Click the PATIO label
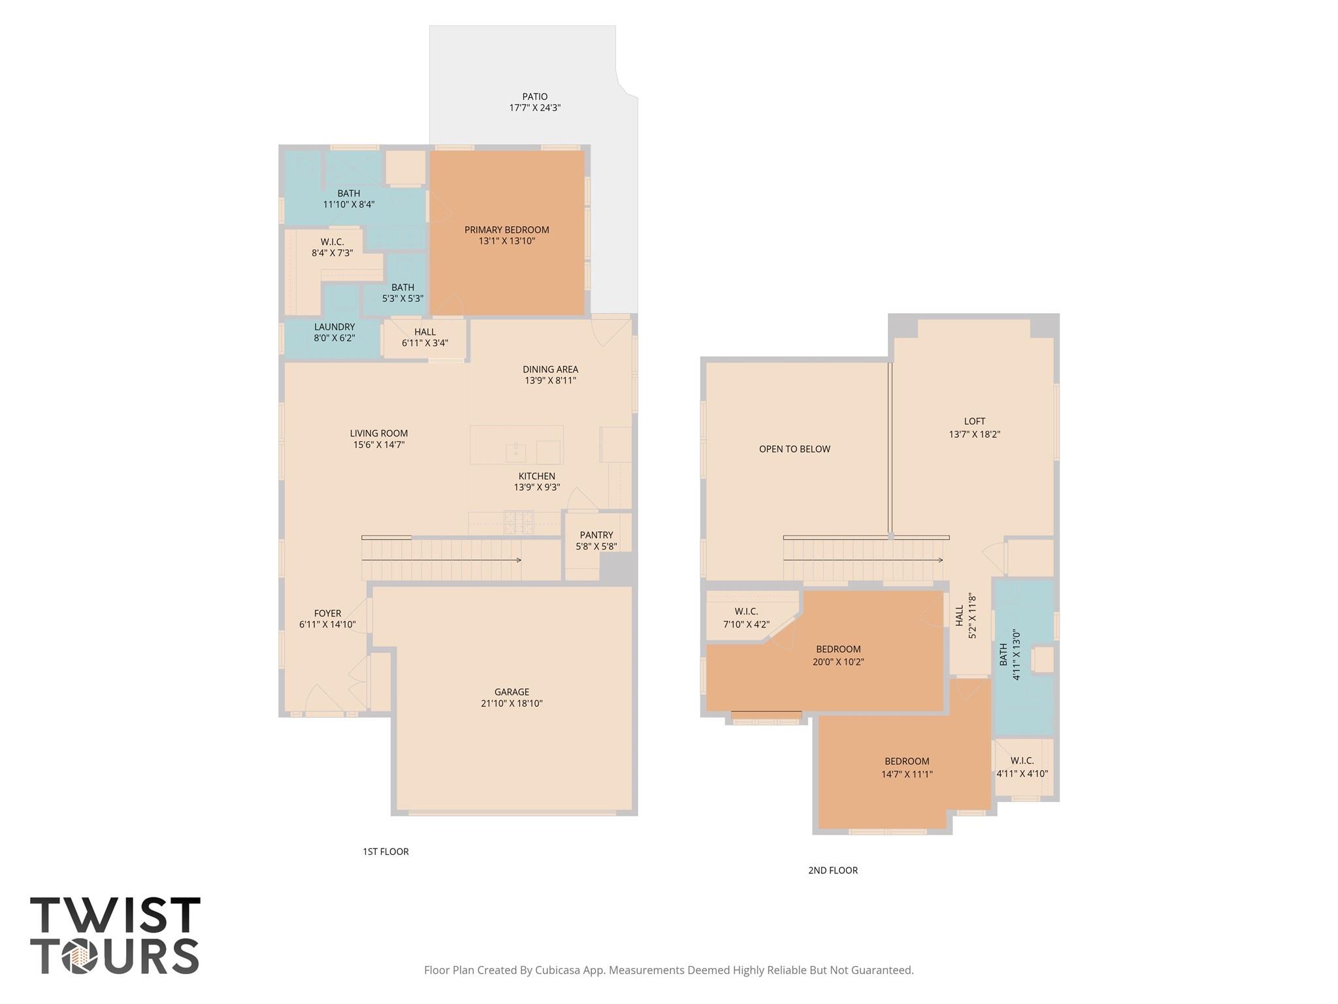(x=534, y=97)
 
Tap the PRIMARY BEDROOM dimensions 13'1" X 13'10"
(x=506, y=241)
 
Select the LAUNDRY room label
(x=334, y=327)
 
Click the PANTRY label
(x=596, y=535)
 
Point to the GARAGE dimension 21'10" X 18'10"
(x=511, y=703)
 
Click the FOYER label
(x=327, y=613)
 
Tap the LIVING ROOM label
(x=378, y=433)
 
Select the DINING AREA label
(x=550, y=369)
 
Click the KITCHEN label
(x=536, y=476)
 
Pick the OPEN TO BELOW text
(x=794, y=449)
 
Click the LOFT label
(x=974, y=422)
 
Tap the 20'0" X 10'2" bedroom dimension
(x=838, y=661)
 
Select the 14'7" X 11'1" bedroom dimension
(x=907, y=774)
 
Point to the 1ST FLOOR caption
(x=385, y=852)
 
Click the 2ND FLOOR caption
(x=832, y=870)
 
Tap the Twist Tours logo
(x=115, y=936)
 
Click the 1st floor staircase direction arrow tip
(x=519, y=560)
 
